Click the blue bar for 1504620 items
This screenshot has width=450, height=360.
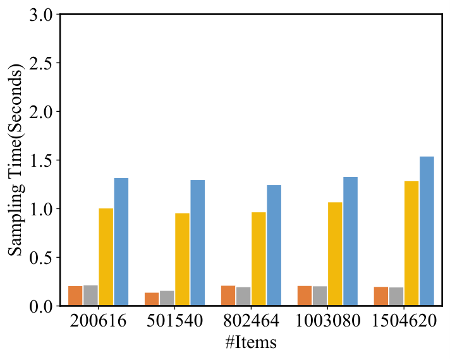click(427, 231)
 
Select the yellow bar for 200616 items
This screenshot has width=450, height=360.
click(106, 257)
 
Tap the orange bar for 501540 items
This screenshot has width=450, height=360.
click(152, 299)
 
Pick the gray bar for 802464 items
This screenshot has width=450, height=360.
click(243, 296)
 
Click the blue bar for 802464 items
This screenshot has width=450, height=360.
click(274, 245)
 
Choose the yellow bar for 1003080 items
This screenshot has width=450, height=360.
click(335, 254)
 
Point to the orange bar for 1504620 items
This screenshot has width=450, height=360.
click(381, 296)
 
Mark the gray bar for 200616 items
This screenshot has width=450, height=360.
click(90, 296)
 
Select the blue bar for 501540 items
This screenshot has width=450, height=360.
click(198, 243)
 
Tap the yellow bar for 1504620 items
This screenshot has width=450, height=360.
click(411, 243)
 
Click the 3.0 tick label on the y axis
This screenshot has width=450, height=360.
click(41, 15)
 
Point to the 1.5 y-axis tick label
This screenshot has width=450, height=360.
click(41, 160)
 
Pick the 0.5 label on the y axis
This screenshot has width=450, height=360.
click(41, 257)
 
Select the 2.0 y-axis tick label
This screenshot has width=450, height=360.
click(41, 111)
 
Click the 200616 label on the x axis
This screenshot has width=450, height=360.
click(98, 321)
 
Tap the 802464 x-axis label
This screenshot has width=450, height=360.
click(251, 321)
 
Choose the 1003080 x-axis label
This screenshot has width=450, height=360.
click(327, 321)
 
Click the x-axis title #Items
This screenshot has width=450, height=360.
click(251, 342)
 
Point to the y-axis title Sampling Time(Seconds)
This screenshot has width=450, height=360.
click(15, 160)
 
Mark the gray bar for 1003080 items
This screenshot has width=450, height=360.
click(320, 296)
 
